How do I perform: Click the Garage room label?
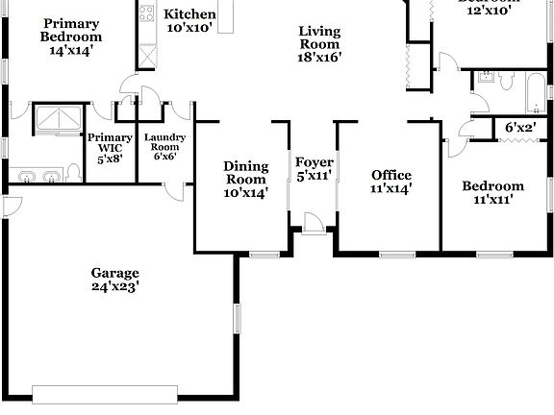click(114, 272)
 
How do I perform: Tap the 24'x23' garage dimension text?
click(115, 286)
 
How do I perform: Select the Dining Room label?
click(245, 172)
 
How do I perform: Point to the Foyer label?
click(314, 162)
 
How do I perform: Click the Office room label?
click(391, 175)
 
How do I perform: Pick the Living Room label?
click(319, 37)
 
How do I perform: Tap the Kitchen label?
click(189, 14)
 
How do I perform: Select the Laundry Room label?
click(164, 143)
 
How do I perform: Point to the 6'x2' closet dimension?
click(520, 127)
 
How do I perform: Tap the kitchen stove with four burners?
click(147, 13)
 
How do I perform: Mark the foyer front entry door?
click(314, 228)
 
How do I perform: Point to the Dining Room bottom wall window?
click(263, 254)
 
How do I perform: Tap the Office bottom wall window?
click(395, 254)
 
